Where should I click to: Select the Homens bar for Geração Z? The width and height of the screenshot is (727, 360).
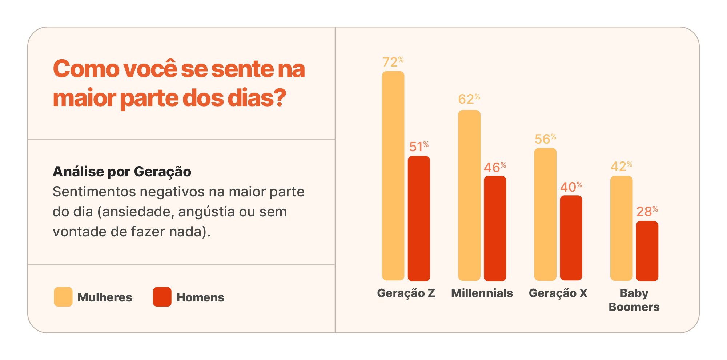click(419, 218)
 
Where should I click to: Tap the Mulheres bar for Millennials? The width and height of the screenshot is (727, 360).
click(469, 195)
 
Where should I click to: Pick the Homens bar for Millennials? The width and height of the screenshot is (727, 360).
click(495, 228)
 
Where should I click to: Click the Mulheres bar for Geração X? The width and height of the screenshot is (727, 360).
click(545, 214)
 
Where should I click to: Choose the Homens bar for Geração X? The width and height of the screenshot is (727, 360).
click(571, 238)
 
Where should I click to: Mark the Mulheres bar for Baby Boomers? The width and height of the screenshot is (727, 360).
click(621, 228)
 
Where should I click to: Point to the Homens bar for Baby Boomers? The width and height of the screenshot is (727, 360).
click(647, 251)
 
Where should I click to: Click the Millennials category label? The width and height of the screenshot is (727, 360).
click(482, 293)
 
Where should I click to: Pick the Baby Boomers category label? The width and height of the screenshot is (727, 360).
click(634, 300)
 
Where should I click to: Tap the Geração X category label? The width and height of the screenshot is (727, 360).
click(558, 293)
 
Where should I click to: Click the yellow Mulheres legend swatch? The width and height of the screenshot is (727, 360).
click(63, 297)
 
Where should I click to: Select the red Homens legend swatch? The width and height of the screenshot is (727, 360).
click(162, 297)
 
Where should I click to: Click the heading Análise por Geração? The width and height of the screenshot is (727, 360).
click(122, 172)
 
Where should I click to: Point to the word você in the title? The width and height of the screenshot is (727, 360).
click(150, 69)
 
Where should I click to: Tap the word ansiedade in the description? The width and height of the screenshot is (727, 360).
click(137, 212)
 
